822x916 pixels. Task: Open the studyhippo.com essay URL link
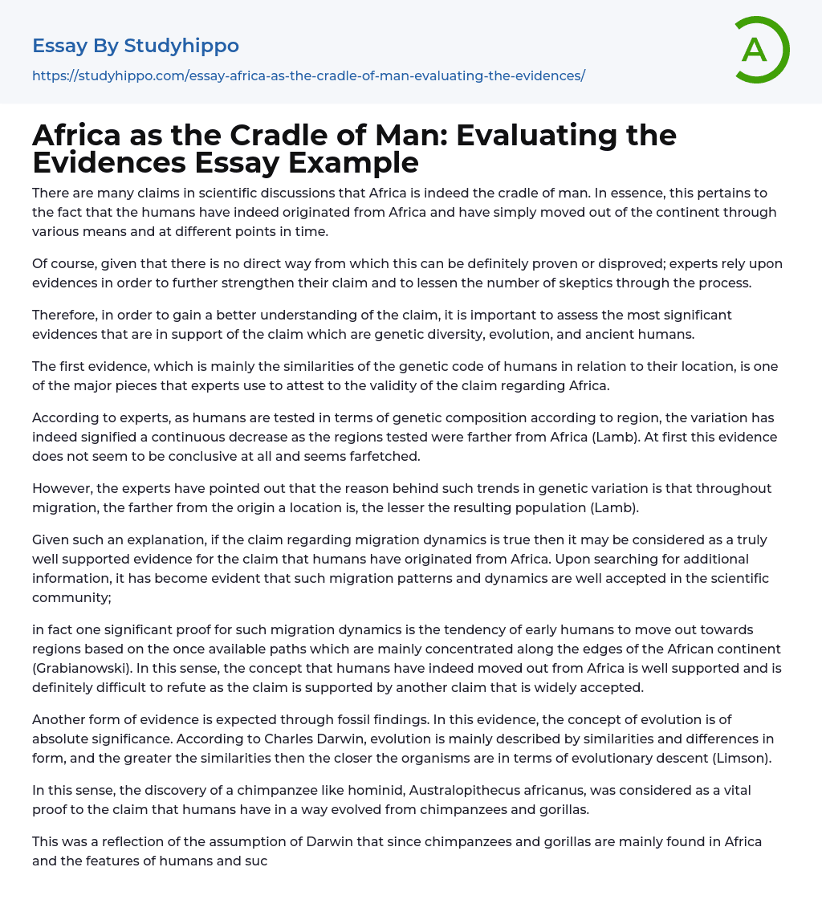(308, 75)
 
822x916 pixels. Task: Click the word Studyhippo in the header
(181, 46)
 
